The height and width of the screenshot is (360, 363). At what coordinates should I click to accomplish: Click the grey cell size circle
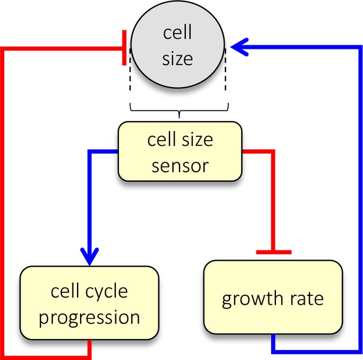pos(178,44)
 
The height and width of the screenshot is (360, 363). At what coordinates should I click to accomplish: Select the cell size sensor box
pos(180,151)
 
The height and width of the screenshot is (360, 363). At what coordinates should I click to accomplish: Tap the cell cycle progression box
pos(89,303)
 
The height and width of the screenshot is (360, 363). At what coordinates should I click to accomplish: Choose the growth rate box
pos(273,297)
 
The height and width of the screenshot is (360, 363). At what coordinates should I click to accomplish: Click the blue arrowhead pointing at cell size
pos(239,47)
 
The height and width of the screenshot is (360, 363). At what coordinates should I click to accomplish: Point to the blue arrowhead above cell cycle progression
pos(89,256)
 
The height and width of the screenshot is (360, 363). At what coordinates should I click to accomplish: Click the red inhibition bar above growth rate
pos(274,252)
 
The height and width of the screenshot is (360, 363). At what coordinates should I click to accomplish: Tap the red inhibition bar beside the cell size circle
pos(124,48)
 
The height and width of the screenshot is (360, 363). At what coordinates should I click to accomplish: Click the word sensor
pos(180,166)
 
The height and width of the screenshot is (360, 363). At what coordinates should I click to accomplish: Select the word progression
pos(89,318)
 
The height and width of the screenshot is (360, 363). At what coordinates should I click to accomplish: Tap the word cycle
pos(106,292)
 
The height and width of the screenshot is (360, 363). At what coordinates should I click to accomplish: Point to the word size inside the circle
pos(177,58)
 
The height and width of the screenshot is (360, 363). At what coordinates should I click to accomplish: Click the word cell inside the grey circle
pos(177,32)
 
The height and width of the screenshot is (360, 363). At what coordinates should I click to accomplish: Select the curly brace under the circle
pos(179,111)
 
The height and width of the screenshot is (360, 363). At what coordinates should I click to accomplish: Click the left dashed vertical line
pos(130,69)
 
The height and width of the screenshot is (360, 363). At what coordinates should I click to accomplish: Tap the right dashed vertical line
pos(225,69)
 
